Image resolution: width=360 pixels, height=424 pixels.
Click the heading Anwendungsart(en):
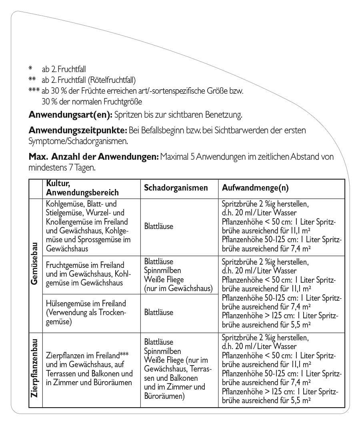(x=70, y=115)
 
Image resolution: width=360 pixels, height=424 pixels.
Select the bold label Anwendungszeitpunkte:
(x=78, y=131)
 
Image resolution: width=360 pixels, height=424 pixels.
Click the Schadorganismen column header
(x=176, y=188)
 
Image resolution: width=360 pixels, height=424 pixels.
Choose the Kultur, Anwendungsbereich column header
(x=82, y=188)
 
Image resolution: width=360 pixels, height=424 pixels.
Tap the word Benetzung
(x=225, y=115)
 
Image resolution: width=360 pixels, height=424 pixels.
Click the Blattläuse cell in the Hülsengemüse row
(x=159, y=312)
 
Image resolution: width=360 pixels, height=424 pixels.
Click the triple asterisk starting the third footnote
(x=34, y=90)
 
